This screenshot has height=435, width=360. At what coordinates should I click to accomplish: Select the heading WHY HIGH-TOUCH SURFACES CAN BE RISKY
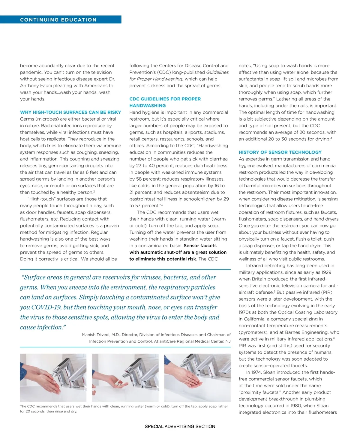tap(70, 112)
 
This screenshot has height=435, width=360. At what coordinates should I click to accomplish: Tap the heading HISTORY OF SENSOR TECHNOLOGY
tap(280, 152)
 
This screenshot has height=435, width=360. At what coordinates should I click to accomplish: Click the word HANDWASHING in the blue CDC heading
tap(147, 106)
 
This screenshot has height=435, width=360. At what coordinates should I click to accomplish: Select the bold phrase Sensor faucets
tap(200, 245)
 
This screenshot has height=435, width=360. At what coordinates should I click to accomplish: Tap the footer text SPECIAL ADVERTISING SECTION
tap(180, 426)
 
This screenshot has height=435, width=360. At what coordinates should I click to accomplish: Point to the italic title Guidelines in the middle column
tap(217, 72)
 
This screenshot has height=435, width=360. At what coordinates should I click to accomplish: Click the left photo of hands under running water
tap(53, 377)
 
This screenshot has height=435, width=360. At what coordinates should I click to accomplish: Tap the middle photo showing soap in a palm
tap(125, 377)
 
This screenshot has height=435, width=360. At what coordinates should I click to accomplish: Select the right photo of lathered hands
tap(197, 377)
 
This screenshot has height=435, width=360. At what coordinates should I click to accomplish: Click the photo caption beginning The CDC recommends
tap(124, 409)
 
